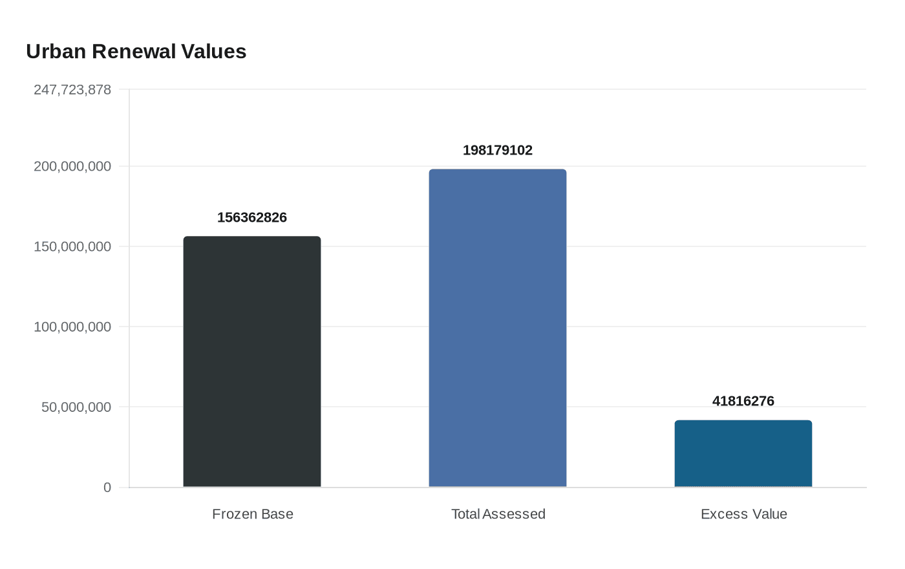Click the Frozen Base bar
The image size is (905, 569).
[252, 361]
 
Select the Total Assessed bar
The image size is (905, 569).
[498, 328]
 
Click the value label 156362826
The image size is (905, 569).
[252, 218]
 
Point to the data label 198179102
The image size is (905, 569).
[498, 151]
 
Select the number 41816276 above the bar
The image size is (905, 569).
[743, 402]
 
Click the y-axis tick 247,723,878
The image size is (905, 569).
[72, 90]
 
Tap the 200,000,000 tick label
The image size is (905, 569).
[72, 167]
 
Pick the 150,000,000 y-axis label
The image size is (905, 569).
[72, 247]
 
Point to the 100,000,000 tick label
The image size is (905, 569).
[72, 327]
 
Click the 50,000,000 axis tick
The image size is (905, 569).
[76, 407]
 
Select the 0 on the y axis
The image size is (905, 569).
[107, 488]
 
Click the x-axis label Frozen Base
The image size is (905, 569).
[253, 514]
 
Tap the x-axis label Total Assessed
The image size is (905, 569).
[498, 514]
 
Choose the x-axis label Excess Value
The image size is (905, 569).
[744, 514]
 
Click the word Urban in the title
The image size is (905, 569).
[56, 52]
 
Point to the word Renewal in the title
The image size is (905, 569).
[136, 52]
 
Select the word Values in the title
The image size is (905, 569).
[216, 52]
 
